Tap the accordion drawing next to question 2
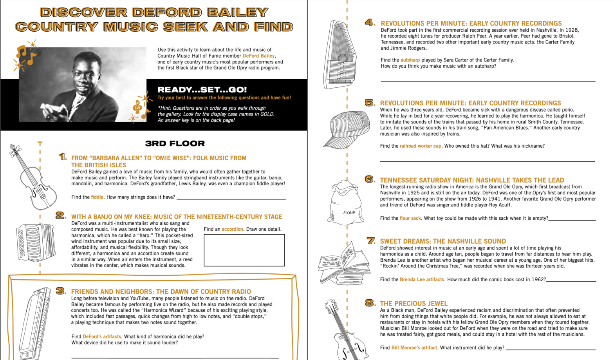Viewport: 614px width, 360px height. point(36,242)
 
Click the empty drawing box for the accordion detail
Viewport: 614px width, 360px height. point(244,250)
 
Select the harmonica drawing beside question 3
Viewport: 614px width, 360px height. point(35,323)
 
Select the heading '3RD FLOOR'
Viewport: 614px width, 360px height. point(175,143)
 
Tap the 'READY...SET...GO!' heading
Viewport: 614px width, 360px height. point(202,90)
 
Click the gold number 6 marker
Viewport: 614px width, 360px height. point(370,179)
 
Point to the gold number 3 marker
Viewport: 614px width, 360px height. point(61,291)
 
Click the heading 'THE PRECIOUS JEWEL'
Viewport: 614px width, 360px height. point(414,304)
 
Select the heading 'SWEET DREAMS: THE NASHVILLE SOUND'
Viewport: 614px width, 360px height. point(442,241)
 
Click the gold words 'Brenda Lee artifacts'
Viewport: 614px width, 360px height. point(422,280)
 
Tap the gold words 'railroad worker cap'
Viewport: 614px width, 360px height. point(420,146)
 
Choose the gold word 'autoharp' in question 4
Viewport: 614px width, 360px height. point(410,60)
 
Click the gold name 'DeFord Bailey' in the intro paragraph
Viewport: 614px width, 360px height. point(258,56)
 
